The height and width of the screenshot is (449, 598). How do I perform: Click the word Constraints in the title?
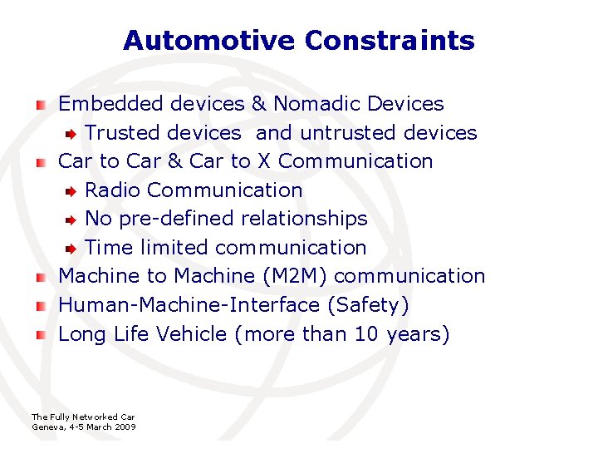[x=390, y=40]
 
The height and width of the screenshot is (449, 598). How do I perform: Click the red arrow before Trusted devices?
[x=72, y=133]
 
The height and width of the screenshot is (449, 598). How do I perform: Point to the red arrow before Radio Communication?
[x=72, y=190]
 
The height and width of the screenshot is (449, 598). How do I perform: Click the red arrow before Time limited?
[x=72, y=248]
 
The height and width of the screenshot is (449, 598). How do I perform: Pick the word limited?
[x=172, y=248]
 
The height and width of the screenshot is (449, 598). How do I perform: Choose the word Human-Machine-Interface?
[x=189, y=305]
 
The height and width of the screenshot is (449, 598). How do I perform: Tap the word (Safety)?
[x=369, y=305]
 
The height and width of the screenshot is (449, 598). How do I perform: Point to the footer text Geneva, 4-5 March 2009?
[x=83, y=427]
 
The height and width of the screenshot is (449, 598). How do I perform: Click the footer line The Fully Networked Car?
[x=82, y=417]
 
